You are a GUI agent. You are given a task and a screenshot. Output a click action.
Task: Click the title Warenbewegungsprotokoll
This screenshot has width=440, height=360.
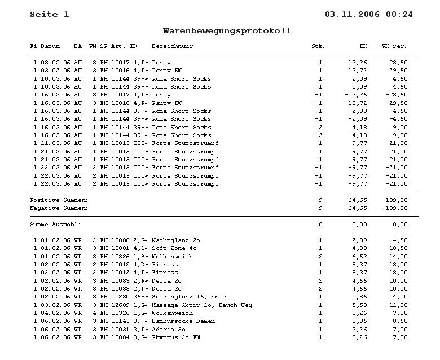(227, 30)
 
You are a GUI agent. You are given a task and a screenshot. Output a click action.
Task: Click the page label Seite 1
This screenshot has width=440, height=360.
(50, 14)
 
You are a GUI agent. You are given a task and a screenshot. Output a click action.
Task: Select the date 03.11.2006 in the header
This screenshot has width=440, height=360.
(353, 14)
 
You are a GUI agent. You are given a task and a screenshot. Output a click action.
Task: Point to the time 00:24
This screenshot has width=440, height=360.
(399, 14)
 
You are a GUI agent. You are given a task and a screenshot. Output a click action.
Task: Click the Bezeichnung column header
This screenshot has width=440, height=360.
(172, 46)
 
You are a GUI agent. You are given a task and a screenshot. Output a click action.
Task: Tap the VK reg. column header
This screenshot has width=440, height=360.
(394, 46)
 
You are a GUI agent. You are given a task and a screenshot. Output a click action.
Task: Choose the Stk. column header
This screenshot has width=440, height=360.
(318, 46)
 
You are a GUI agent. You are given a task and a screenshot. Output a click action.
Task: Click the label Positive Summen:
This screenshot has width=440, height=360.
(59, 200)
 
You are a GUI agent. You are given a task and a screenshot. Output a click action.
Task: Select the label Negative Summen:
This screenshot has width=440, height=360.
(59, 208)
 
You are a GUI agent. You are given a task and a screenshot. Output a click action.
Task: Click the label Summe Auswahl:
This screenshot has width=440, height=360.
(55, 225)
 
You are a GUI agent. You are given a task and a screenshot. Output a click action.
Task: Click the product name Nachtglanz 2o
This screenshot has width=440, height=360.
(175, 240)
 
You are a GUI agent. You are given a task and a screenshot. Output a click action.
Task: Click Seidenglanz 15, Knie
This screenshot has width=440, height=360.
(188, 297)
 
